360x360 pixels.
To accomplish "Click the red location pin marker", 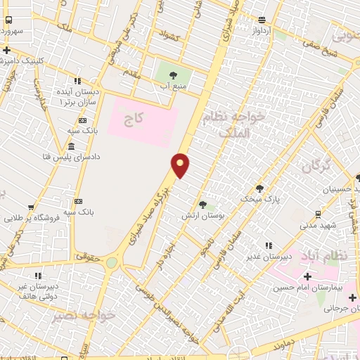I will pyautogui.click(x=181, y=165).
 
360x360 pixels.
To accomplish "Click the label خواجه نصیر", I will pyautogui.click(x=83, y=316).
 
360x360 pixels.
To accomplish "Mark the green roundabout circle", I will pyautogui.click(x=111, y=262).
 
